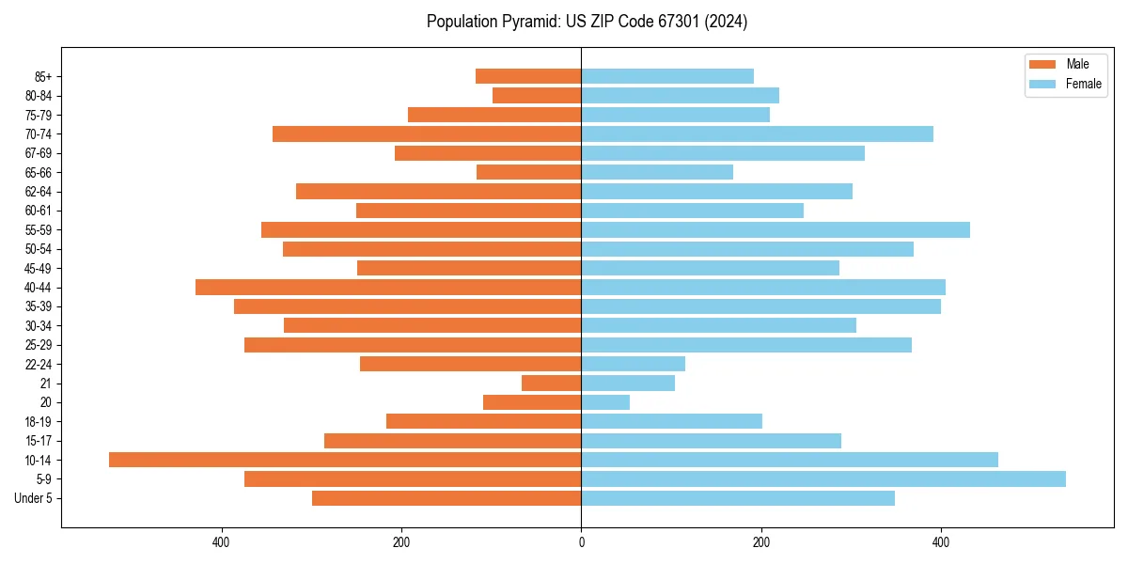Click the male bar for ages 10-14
[345, 460]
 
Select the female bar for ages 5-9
[823, 478]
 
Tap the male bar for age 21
[552, 383]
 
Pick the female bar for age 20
[605, 402]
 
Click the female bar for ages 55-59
[775, 229]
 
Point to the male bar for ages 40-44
[388, 287]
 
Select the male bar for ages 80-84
[537, 95]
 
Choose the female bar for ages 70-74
[757, 133]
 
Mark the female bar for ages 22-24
[633, 364]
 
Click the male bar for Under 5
[446, 498]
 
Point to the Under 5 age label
[33, 498]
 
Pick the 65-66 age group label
[39, 172]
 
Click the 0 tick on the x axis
[581, 542]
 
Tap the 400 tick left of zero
[221, 542]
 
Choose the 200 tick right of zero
[761, 542]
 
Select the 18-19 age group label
[39, 421]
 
